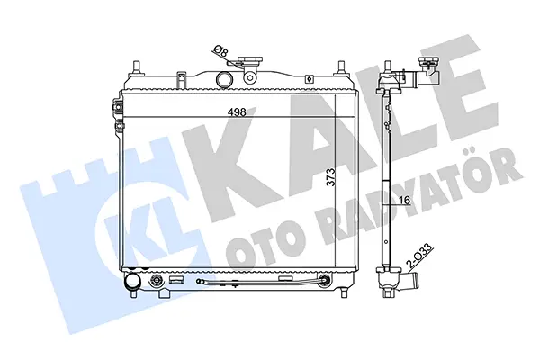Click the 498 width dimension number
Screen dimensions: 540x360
click(237, 112)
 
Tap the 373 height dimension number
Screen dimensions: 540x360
click(330, 177)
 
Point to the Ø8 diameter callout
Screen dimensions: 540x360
click(221, 51)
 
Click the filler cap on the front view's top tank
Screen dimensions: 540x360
click(249, 61)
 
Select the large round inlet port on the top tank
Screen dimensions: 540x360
click(224, 78)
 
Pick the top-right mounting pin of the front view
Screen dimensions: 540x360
click(341, 67)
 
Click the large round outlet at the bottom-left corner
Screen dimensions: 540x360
click(132, 281)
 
